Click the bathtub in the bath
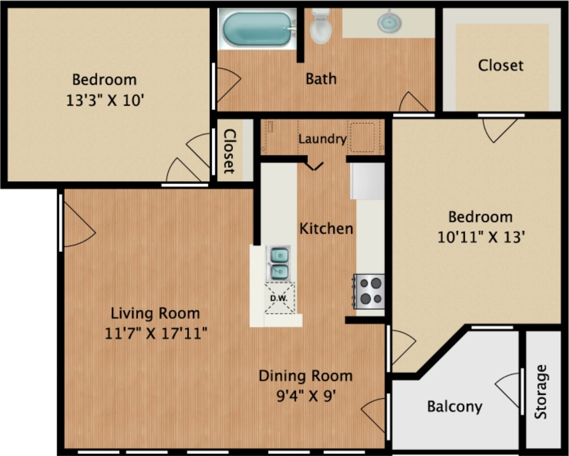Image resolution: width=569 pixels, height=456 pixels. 257,29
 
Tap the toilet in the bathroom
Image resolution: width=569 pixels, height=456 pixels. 321,27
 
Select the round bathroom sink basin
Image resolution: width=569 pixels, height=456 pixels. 390,22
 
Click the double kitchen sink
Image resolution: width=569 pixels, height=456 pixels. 279,263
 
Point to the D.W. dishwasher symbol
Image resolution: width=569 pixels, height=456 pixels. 279,298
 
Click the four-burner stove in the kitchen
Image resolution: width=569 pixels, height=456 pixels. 369,291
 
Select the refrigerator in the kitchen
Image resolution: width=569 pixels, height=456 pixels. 367,181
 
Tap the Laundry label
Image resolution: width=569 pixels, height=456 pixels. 322,139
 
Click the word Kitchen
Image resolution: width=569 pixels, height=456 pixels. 326,228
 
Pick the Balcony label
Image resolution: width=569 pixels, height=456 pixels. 454,406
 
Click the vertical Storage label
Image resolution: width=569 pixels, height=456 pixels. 541,391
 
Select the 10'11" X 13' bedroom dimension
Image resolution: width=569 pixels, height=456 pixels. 480,238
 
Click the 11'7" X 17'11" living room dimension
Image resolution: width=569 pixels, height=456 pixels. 156,333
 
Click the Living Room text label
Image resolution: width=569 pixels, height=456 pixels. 155,313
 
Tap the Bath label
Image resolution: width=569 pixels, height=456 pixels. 321,79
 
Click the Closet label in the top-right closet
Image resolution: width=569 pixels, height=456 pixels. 501,65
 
